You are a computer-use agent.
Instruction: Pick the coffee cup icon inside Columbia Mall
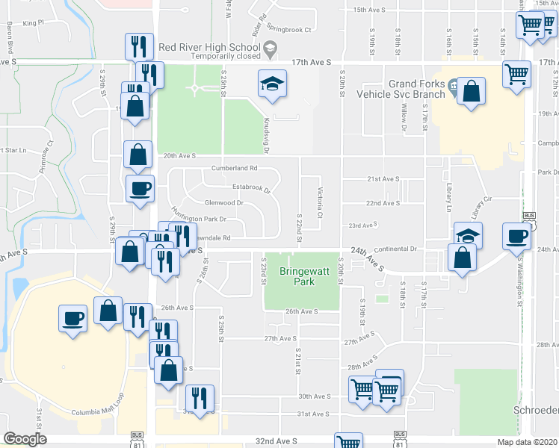(x=73, y=318)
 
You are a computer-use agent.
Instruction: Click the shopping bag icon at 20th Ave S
(x=138, y=155)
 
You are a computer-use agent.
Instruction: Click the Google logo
(x=25, y=439)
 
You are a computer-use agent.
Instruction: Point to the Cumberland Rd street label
(x=234, y=168)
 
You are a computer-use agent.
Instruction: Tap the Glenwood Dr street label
(x=224, y=202)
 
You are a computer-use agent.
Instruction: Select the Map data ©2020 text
(x=527, y=442)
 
